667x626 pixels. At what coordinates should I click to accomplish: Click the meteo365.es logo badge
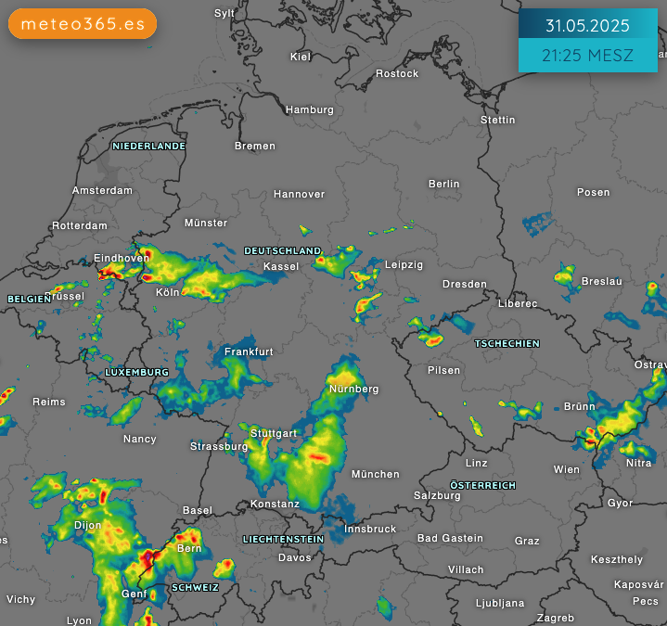(83, 24)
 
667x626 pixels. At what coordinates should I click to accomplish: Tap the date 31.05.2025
(587, 25)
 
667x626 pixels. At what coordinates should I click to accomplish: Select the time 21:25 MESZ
(587, 56)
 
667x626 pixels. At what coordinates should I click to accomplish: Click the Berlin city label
(444, 184)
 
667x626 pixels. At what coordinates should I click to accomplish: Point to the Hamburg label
(310, 109)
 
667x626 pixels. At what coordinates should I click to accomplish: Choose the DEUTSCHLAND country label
(283, 251)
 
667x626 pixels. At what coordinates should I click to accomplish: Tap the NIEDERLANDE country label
(148, 146)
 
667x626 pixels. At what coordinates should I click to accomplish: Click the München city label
(376, 474)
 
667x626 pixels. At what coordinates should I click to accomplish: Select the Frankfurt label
(249, 351)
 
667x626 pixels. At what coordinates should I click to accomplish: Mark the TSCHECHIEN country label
(507, 343)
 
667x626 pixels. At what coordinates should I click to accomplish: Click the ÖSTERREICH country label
(482, 485)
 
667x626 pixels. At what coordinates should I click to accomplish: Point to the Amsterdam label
(102, 190)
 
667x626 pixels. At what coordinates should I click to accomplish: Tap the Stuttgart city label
(274, 433)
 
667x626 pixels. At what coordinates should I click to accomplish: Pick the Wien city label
(566, 469)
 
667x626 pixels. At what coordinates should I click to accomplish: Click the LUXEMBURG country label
(136, 372)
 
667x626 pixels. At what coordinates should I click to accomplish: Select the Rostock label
(397, 73)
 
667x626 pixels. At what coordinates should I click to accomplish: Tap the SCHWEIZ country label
(195, 587)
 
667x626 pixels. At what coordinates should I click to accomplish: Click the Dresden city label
(464, 284)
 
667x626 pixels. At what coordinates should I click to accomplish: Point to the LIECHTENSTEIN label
(283, 539)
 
